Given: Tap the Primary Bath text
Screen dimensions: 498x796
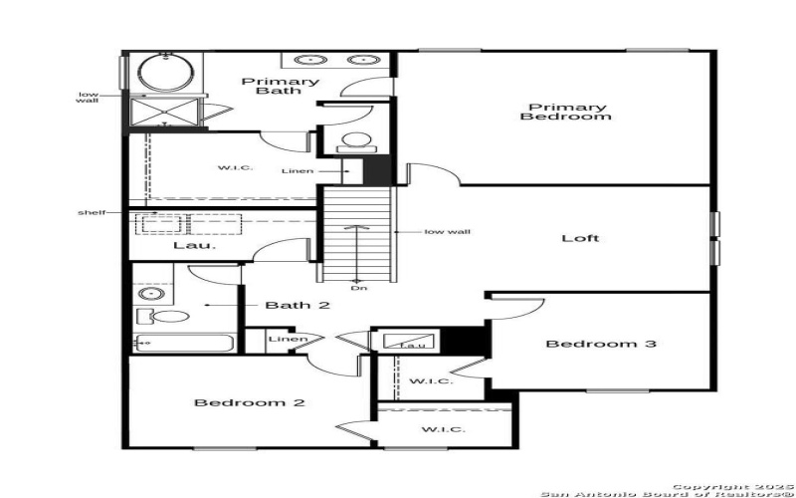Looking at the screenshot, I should (287, 86).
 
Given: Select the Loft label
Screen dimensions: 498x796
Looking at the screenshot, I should (581, 238).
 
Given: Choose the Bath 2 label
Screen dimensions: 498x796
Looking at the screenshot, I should (297, 305).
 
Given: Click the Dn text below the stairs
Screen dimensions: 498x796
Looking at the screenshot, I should (356, 289).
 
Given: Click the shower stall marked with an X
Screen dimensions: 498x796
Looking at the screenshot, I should (165, 111).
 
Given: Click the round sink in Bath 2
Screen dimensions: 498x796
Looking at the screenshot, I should (151, 294).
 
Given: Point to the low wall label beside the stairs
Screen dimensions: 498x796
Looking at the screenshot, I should (447, 232).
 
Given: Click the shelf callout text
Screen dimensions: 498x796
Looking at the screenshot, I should (91, 212).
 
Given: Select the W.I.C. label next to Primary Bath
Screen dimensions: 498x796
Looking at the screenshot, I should (236, 167).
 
